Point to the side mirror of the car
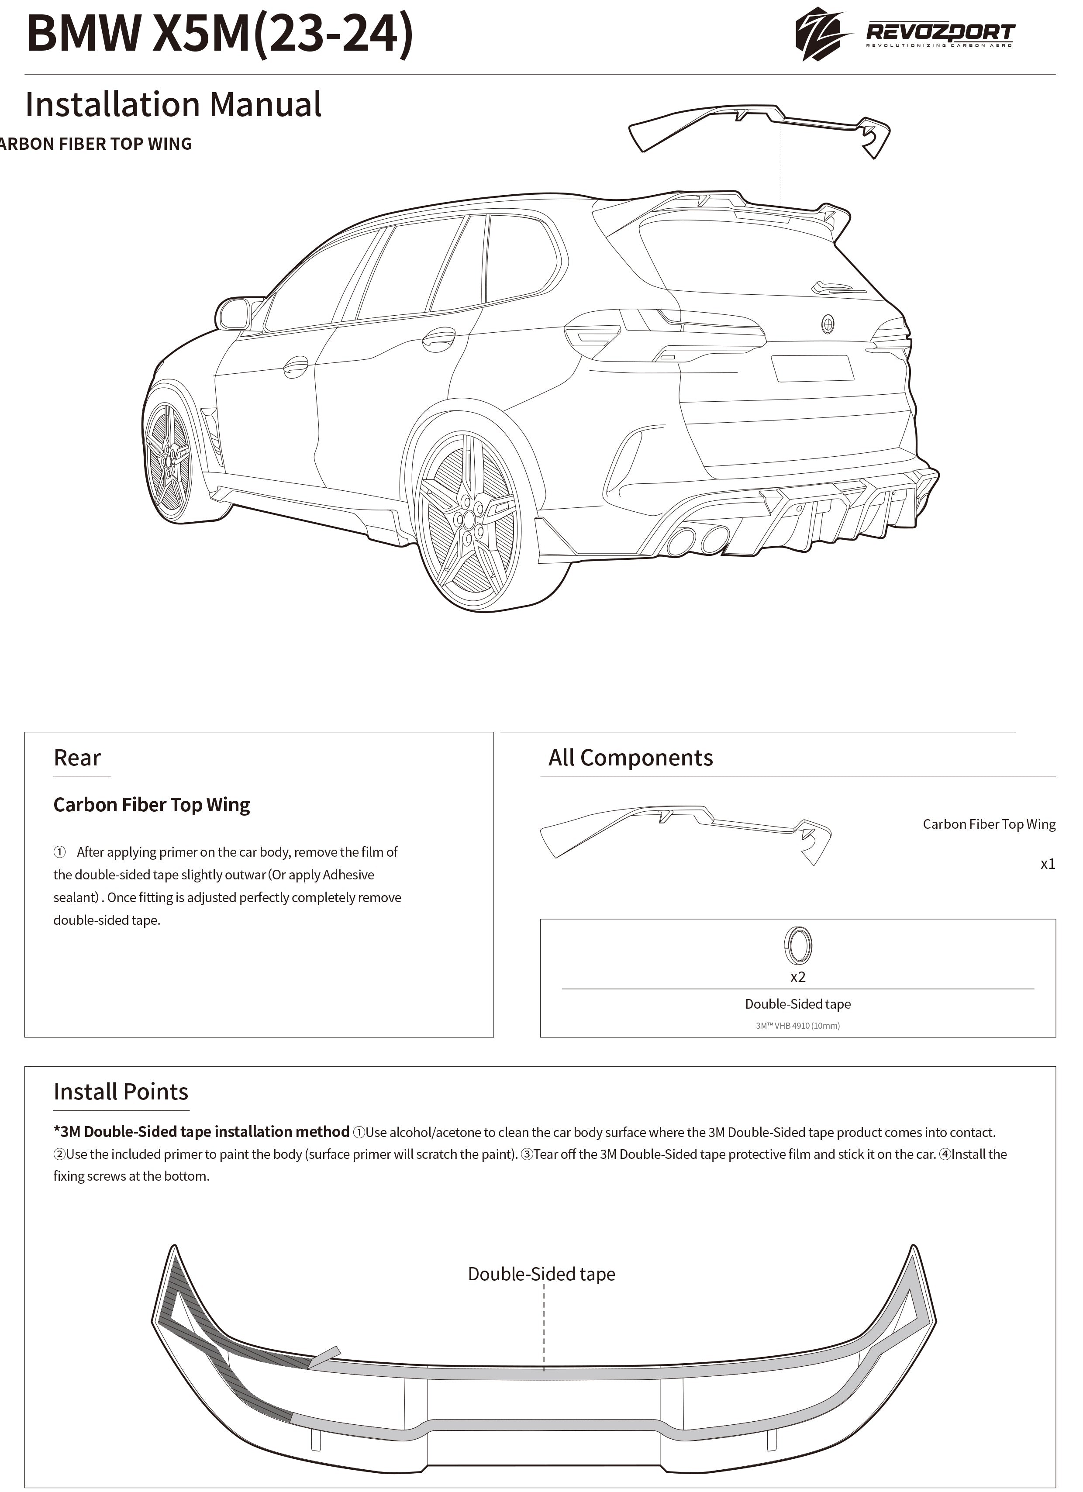click(x=235, y=314)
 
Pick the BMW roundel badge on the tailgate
click(x=828, y=324)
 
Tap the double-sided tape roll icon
click(x=797, y=945)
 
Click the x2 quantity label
click(x=797, y=977)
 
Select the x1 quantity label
click(x=1048, y=864)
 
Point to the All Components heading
click(x=630, y=758)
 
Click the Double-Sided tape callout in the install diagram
click(x=541, y=1274)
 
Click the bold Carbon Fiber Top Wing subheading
click(x=152, y=805)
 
